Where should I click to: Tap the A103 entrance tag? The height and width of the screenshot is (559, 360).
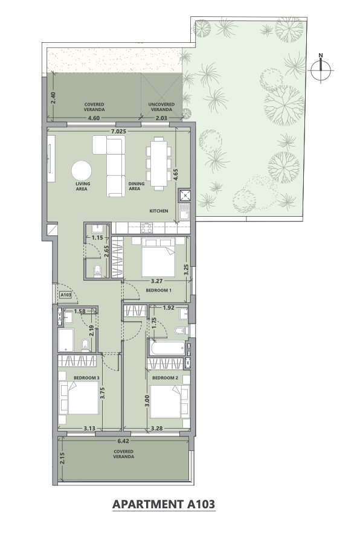66,295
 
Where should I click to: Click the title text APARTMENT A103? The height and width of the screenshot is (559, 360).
164,505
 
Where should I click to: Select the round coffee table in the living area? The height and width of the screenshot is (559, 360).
82,171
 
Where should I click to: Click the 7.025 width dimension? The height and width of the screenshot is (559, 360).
118,131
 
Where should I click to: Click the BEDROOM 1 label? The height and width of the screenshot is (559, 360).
158,290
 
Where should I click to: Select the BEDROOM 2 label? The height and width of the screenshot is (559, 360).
165,377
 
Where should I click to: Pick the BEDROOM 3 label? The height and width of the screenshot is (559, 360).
87,377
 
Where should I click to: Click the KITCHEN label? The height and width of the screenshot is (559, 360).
159,211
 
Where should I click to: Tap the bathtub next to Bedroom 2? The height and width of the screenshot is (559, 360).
167,348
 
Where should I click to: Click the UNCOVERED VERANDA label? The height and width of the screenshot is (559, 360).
162,107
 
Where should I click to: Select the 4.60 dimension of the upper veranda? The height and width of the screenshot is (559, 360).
94,118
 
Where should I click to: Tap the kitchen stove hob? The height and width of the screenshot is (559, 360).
147,228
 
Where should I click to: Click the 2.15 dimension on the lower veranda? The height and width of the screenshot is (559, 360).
63,458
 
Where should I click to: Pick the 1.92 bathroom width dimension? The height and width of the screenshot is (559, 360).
169,308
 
